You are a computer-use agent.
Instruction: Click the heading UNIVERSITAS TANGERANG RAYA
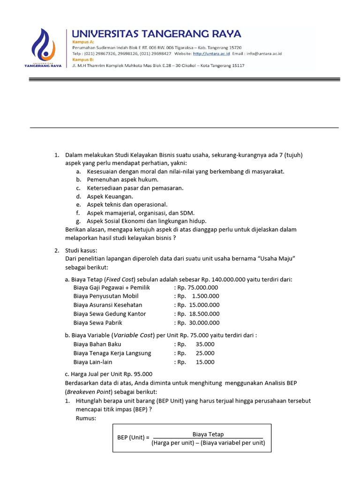click(156, 34)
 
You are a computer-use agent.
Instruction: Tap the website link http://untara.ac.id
click(210, 54)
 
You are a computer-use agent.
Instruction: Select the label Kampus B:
click(83, 60)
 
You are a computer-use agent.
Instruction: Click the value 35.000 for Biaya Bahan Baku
click(205, 344)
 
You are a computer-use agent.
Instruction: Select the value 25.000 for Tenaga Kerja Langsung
click(205, 353)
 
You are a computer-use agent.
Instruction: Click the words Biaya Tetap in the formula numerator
click(208, 435)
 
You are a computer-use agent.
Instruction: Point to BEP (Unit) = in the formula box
click(133, 438)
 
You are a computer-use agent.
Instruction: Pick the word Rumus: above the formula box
click(86, 418)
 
